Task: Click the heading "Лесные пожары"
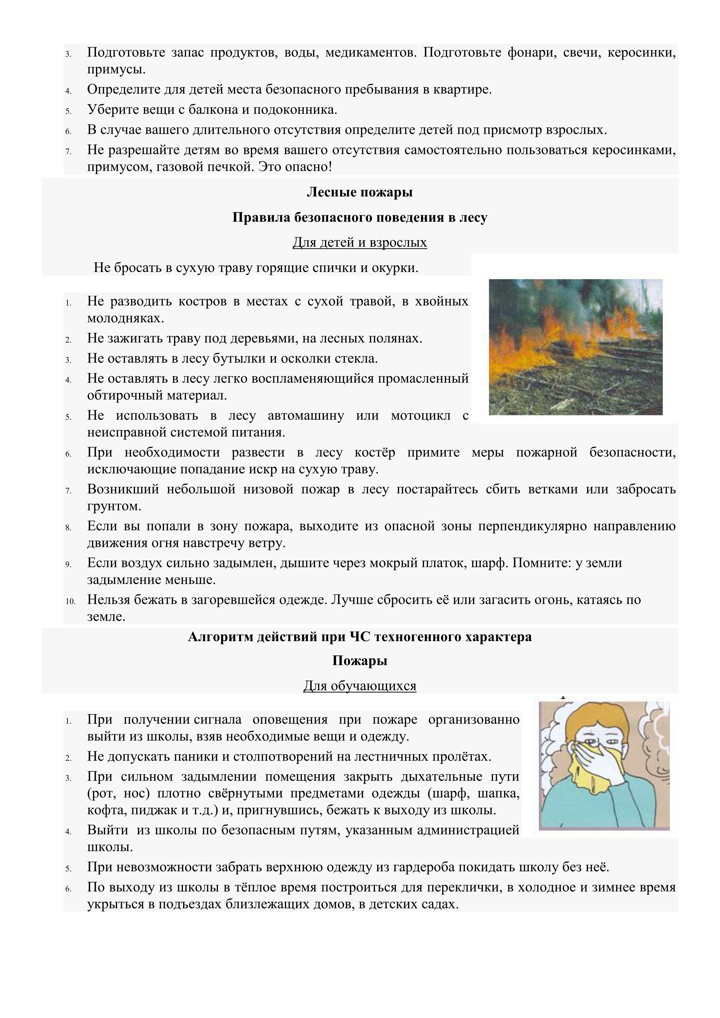coord(360,192)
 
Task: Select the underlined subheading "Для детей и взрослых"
coord(360,243)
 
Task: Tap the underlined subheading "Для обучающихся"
coord(360,686)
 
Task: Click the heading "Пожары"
coord(360,661)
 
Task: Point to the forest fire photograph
coord(575,347)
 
